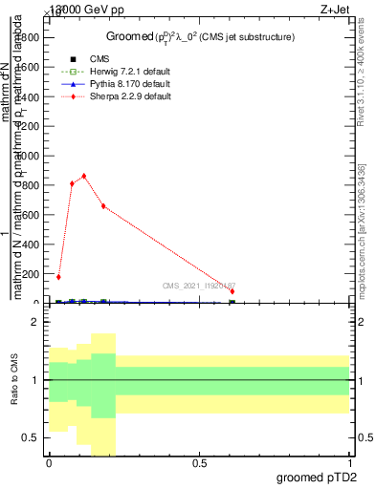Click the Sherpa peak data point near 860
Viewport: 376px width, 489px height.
click(84, 176)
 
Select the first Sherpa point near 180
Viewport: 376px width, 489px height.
click(58, 277)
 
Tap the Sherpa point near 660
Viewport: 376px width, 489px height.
click(103, 206)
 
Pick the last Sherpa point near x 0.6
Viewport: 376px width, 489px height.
click(232, 291)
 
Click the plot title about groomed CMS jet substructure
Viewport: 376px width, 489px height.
click(199, 37)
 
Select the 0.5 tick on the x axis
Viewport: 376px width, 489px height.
click(200, 462)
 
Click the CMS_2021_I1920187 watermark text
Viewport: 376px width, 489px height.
click(197, 285)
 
